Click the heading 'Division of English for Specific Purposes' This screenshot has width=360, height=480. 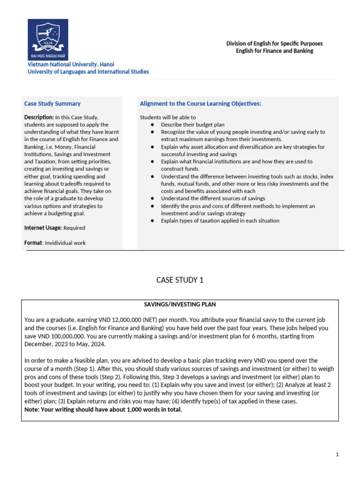[x=274, y=44]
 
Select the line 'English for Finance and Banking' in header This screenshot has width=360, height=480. [x=274, y=51]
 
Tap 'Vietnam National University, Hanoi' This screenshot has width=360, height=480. [x=71, y=64]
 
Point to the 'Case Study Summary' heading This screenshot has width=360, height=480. [x=52, y=104]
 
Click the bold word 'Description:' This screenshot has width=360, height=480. [x=38, y=117]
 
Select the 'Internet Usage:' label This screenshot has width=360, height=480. [x=43, y=228]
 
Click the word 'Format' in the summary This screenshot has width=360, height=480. [x=33, y=243]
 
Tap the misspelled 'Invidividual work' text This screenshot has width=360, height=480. [x=65, y=243]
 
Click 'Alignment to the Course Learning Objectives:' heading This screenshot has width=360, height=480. [x=200, y=104]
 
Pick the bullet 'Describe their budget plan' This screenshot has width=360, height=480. [x=193, y=125]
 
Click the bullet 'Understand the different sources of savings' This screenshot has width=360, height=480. [x=213, y=199]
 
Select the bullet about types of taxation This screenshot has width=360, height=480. [x=220, y=221]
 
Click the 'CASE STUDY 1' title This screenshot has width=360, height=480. [x=180, y=280]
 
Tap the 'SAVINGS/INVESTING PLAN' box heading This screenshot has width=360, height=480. [x=180, y=305]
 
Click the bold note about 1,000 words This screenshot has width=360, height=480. [x=103, y=410]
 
